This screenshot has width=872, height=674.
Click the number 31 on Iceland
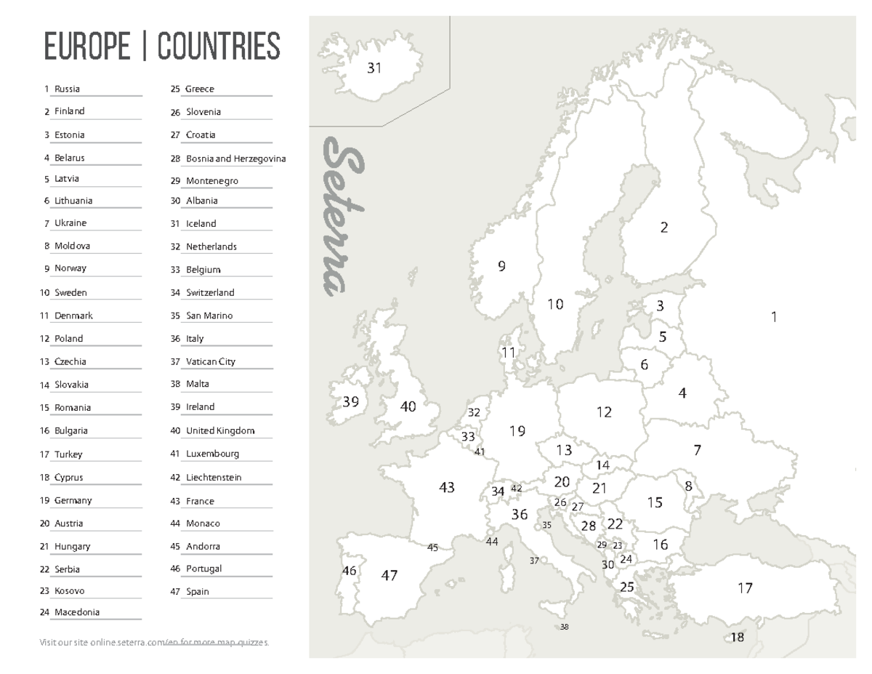pos(374,68)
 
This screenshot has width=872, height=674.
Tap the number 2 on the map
pos(663,228)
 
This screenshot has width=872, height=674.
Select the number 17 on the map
pos(745,587)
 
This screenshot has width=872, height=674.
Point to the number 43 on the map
pos(446,487)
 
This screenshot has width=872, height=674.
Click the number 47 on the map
pos(389,575)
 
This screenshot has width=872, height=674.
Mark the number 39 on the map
pos(351,402)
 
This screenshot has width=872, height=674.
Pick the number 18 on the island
pos(738,638)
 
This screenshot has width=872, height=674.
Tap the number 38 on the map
pos(565,627)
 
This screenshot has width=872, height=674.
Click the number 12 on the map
pos(604,412)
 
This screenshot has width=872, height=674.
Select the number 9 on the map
pos(501,266)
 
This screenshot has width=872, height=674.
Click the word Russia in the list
pos(67,89)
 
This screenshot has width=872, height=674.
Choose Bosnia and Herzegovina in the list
pos(235,159)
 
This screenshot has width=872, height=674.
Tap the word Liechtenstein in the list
pos(214,478)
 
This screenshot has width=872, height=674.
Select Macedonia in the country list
pos(77,612)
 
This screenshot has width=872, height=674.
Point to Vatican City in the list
pos(211,361)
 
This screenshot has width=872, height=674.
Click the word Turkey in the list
pos(68,454)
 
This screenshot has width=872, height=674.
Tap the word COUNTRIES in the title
pos(219,47)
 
